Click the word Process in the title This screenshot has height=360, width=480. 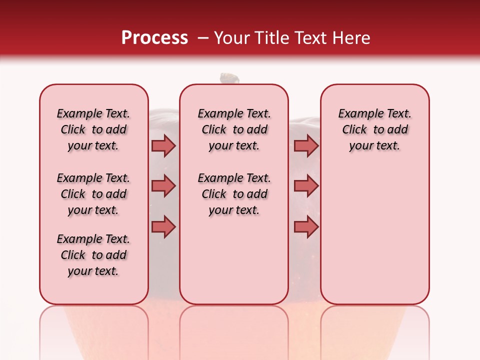click(x=154, y=38)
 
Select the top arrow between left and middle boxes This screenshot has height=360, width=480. click(x=163, y=145)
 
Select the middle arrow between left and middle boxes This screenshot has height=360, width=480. click(x=163, y=186)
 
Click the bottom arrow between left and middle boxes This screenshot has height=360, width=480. click(x=163, y=227)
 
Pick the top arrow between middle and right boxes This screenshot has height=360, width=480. click(x=306, y=145)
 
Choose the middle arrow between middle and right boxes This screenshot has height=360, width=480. click(x=306, y=186)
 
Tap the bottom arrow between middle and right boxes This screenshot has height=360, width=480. click(x=306, y=227)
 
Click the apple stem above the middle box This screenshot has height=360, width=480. click(x=229, y=78)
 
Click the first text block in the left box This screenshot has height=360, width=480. click(x=93, y=129)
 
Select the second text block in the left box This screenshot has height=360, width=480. click(x=93, y=194)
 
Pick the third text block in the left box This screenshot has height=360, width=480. click(x=93, y=255)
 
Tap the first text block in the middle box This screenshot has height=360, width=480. click(x=234, y=129)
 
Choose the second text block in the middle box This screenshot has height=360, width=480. click(x=234, y=194)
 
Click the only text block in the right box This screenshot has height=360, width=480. click(x=375, y=129)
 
